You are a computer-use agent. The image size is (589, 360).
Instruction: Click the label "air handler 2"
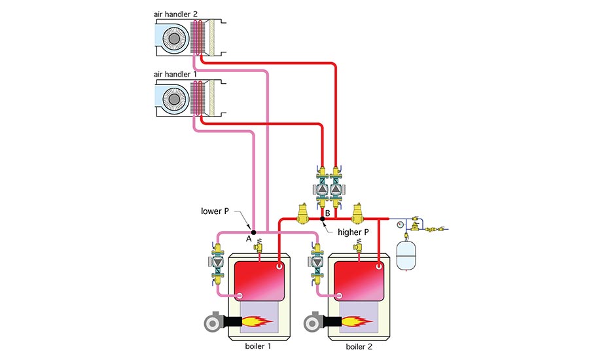coord(175,14)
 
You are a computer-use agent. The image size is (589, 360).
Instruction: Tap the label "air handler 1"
coord(175,74)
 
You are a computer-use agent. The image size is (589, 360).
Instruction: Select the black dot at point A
coord(253,232)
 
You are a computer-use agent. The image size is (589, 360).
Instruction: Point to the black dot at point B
coord(322,219)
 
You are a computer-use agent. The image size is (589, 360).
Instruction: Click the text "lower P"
coord(215,211)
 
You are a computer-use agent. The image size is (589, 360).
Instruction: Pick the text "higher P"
coord(353,232)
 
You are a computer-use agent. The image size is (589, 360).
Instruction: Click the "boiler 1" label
coord(258,346)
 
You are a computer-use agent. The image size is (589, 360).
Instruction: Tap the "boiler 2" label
coord(359,346)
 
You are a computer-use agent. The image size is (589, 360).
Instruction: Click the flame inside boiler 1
coord(257,321)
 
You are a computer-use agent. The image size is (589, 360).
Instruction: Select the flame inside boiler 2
coord(357,321)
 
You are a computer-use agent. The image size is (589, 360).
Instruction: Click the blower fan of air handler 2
coord(174,39)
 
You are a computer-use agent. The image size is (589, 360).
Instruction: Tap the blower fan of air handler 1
coord(174,99)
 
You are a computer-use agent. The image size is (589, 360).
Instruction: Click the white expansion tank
coord(406,256)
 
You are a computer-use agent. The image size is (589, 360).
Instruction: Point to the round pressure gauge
coord(399,225)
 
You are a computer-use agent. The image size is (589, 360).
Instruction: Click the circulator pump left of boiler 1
coord(217,261)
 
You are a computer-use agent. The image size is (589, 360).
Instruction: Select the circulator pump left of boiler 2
coord(317,261)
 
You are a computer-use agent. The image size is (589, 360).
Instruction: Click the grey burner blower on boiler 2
coord(313,321)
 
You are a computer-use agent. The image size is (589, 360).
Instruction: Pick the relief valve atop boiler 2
coord(358,245)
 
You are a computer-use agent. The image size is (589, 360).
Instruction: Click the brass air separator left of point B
coord(302,213)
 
